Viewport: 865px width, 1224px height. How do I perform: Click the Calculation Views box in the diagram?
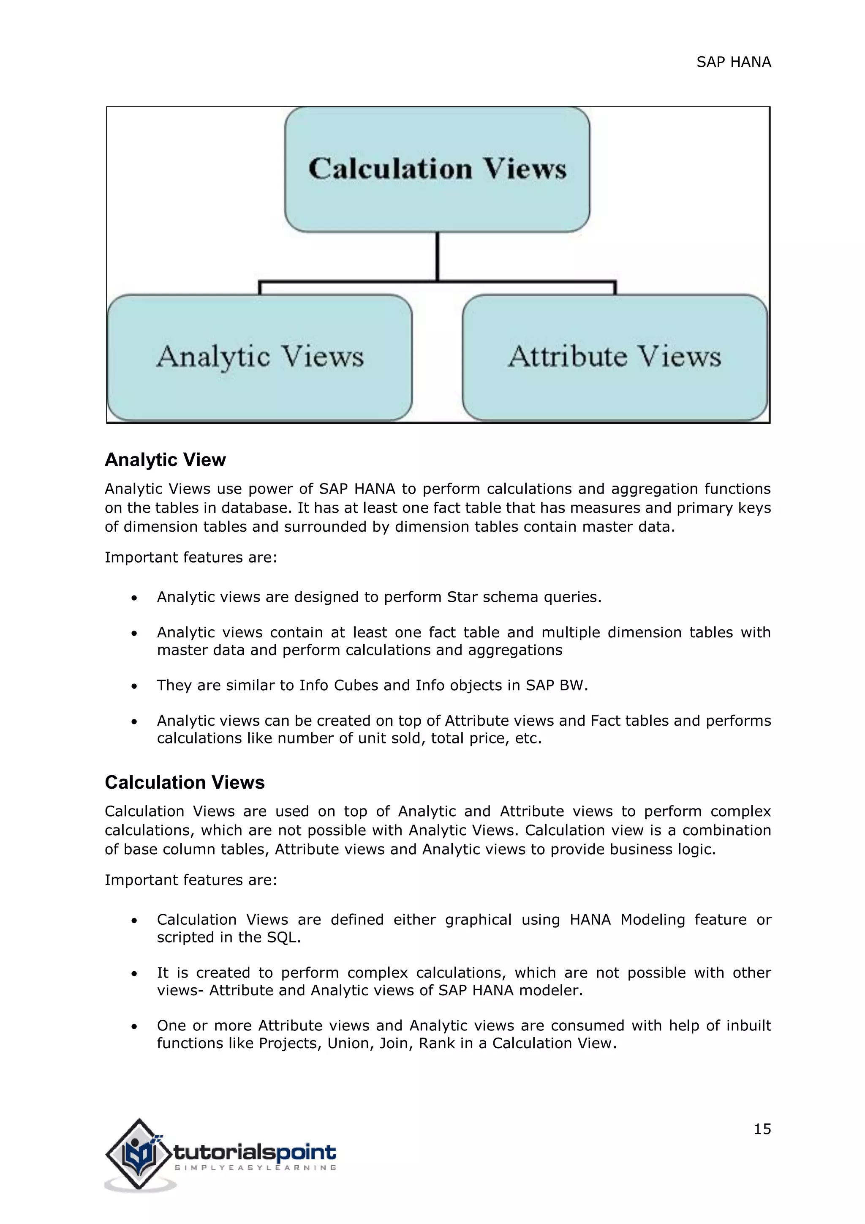point(437,169)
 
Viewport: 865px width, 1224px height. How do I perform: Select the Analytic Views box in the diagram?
point(260,357)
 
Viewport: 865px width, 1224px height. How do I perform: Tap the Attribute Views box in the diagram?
point(615,357)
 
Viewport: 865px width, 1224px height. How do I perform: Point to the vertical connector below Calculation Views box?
point(437,256)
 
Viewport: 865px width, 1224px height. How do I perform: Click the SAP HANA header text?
point(734,63)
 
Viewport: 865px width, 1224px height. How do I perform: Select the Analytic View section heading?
point(165,459)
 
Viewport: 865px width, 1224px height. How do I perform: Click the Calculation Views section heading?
point(184,782)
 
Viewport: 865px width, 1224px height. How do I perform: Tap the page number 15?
point(762,1128)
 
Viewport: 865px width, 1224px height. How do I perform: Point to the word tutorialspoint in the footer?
point(255,1152)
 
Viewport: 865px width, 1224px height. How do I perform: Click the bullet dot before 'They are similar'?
point(134,686)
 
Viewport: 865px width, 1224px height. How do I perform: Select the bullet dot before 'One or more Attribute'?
point(134,1026)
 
